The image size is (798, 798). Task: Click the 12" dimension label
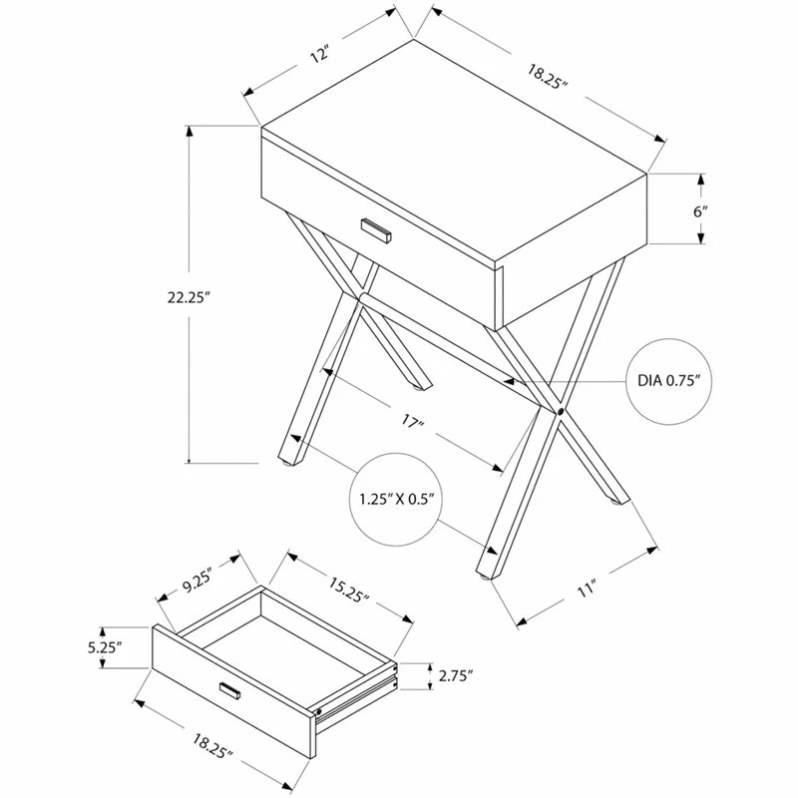[319, 56]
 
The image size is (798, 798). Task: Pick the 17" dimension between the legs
[412, 425]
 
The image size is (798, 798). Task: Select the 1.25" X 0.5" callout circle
[396, 499]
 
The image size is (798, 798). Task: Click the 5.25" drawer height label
[104, 646]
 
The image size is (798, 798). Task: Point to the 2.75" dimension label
[456, 675]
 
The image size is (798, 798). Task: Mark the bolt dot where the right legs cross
[561, 411]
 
